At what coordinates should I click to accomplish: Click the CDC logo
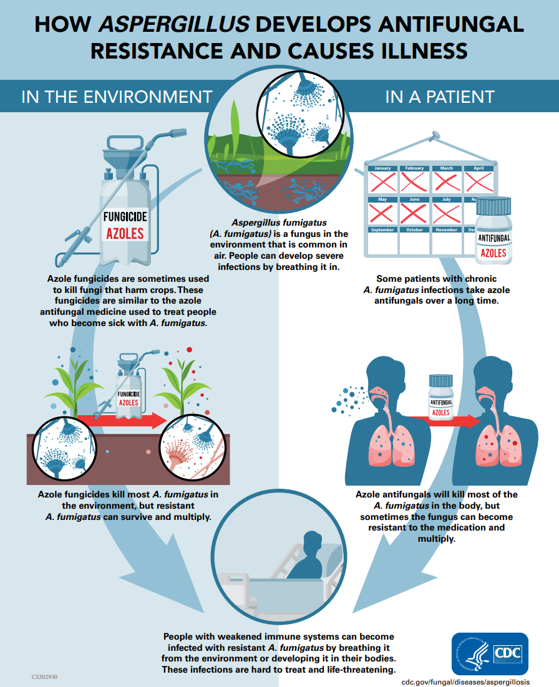pos(490,653)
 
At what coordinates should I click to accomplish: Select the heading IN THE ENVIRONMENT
pos(117,97)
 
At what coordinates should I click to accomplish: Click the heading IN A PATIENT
pos(440,97)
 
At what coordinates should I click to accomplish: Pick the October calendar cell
pos(415,240)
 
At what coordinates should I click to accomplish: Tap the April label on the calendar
pos(479,168)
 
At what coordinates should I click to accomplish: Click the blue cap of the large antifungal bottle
pos(493,205)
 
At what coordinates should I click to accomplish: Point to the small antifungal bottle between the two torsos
pos(441,399)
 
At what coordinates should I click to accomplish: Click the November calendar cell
pos(447,240)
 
